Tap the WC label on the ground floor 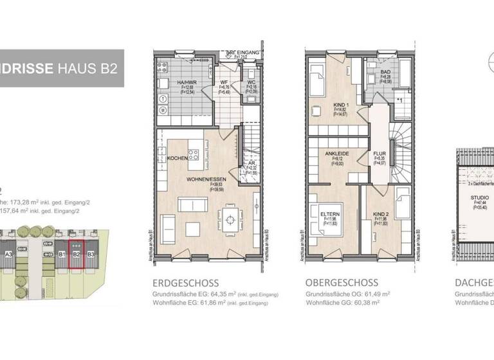252,83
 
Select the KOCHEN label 177,158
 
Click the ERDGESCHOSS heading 185,283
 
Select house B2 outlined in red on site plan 77,256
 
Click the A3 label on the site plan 9,254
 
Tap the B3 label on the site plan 91,254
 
